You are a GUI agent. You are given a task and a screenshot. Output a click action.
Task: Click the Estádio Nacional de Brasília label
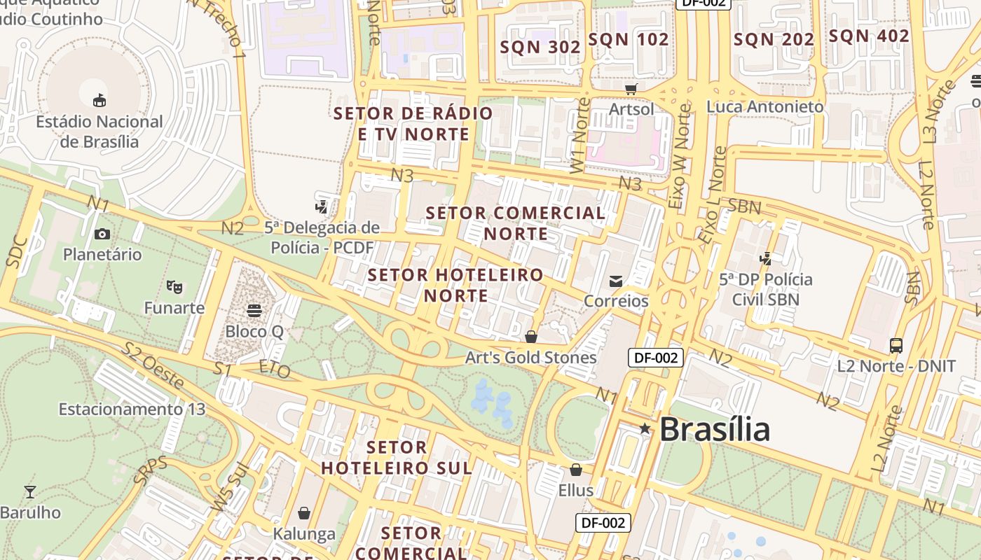pos(100,132)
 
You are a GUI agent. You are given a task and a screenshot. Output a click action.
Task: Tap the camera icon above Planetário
pos(102,234)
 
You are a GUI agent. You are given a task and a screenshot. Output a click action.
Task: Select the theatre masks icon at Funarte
pos(174,286)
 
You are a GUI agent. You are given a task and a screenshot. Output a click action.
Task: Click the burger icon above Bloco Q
pos(254,310)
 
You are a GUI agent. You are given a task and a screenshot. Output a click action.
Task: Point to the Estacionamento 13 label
pos(132,409)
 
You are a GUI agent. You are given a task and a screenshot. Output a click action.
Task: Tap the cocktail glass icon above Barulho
pos(30,491)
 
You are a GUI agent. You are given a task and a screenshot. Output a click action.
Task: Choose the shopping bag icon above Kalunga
pos(304,514)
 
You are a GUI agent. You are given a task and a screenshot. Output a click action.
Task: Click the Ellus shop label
pos(575,490)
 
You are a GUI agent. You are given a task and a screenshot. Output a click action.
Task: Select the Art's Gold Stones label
pos(530,358)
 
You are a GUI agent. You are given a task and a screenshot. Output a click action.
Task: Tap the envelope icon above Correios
pos(616,281)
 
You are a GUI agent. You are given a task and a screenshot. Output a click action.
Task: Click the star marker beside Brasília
pos(645,428)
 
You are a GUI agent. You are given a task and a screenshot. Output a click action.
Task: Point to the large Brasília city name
pos(714,429)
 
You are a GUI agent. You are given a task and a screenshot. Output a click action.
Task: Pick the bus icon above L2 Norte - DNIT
pos(896,345)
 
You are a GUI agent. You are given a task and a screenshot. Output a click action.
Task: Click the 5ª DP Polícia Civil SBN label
pos(766,289)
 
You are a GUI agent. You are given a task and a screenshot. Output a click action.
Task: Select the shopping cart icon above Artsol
pos(631,89)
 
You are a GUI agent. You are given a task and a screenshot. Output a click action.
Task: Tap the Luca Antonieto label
pos(764,106)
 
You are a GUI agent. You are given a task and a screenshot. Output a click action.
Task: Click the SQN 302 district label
pos(540,47)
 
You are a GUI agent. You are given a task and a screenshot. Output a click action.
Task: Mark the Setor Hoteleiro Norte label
pos(455,285)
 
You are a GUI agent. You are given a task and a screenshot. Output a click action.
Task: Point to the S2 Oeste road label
pos(153,365)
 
